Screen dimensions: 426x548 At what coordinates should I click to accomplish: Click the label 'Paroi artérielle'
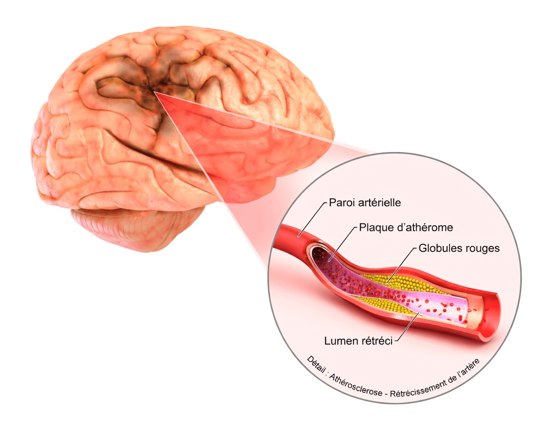[x=365, y=203]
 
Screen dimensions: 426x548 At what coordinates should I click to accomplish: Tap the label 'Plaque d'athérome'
[x=405, y=228]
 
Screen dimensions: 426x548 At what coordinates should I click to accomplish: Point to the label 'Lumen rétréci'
[x=358, y=341]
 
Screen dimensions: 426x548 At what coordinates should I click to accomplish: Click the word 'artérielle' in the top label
[x=381, y=203]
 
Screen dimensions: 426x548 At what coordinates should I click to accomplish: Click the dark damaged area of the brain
[x=138, y=86]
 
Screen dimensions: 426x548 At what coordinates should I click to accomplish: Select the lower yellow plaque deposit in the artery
[x=381, y=306]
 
